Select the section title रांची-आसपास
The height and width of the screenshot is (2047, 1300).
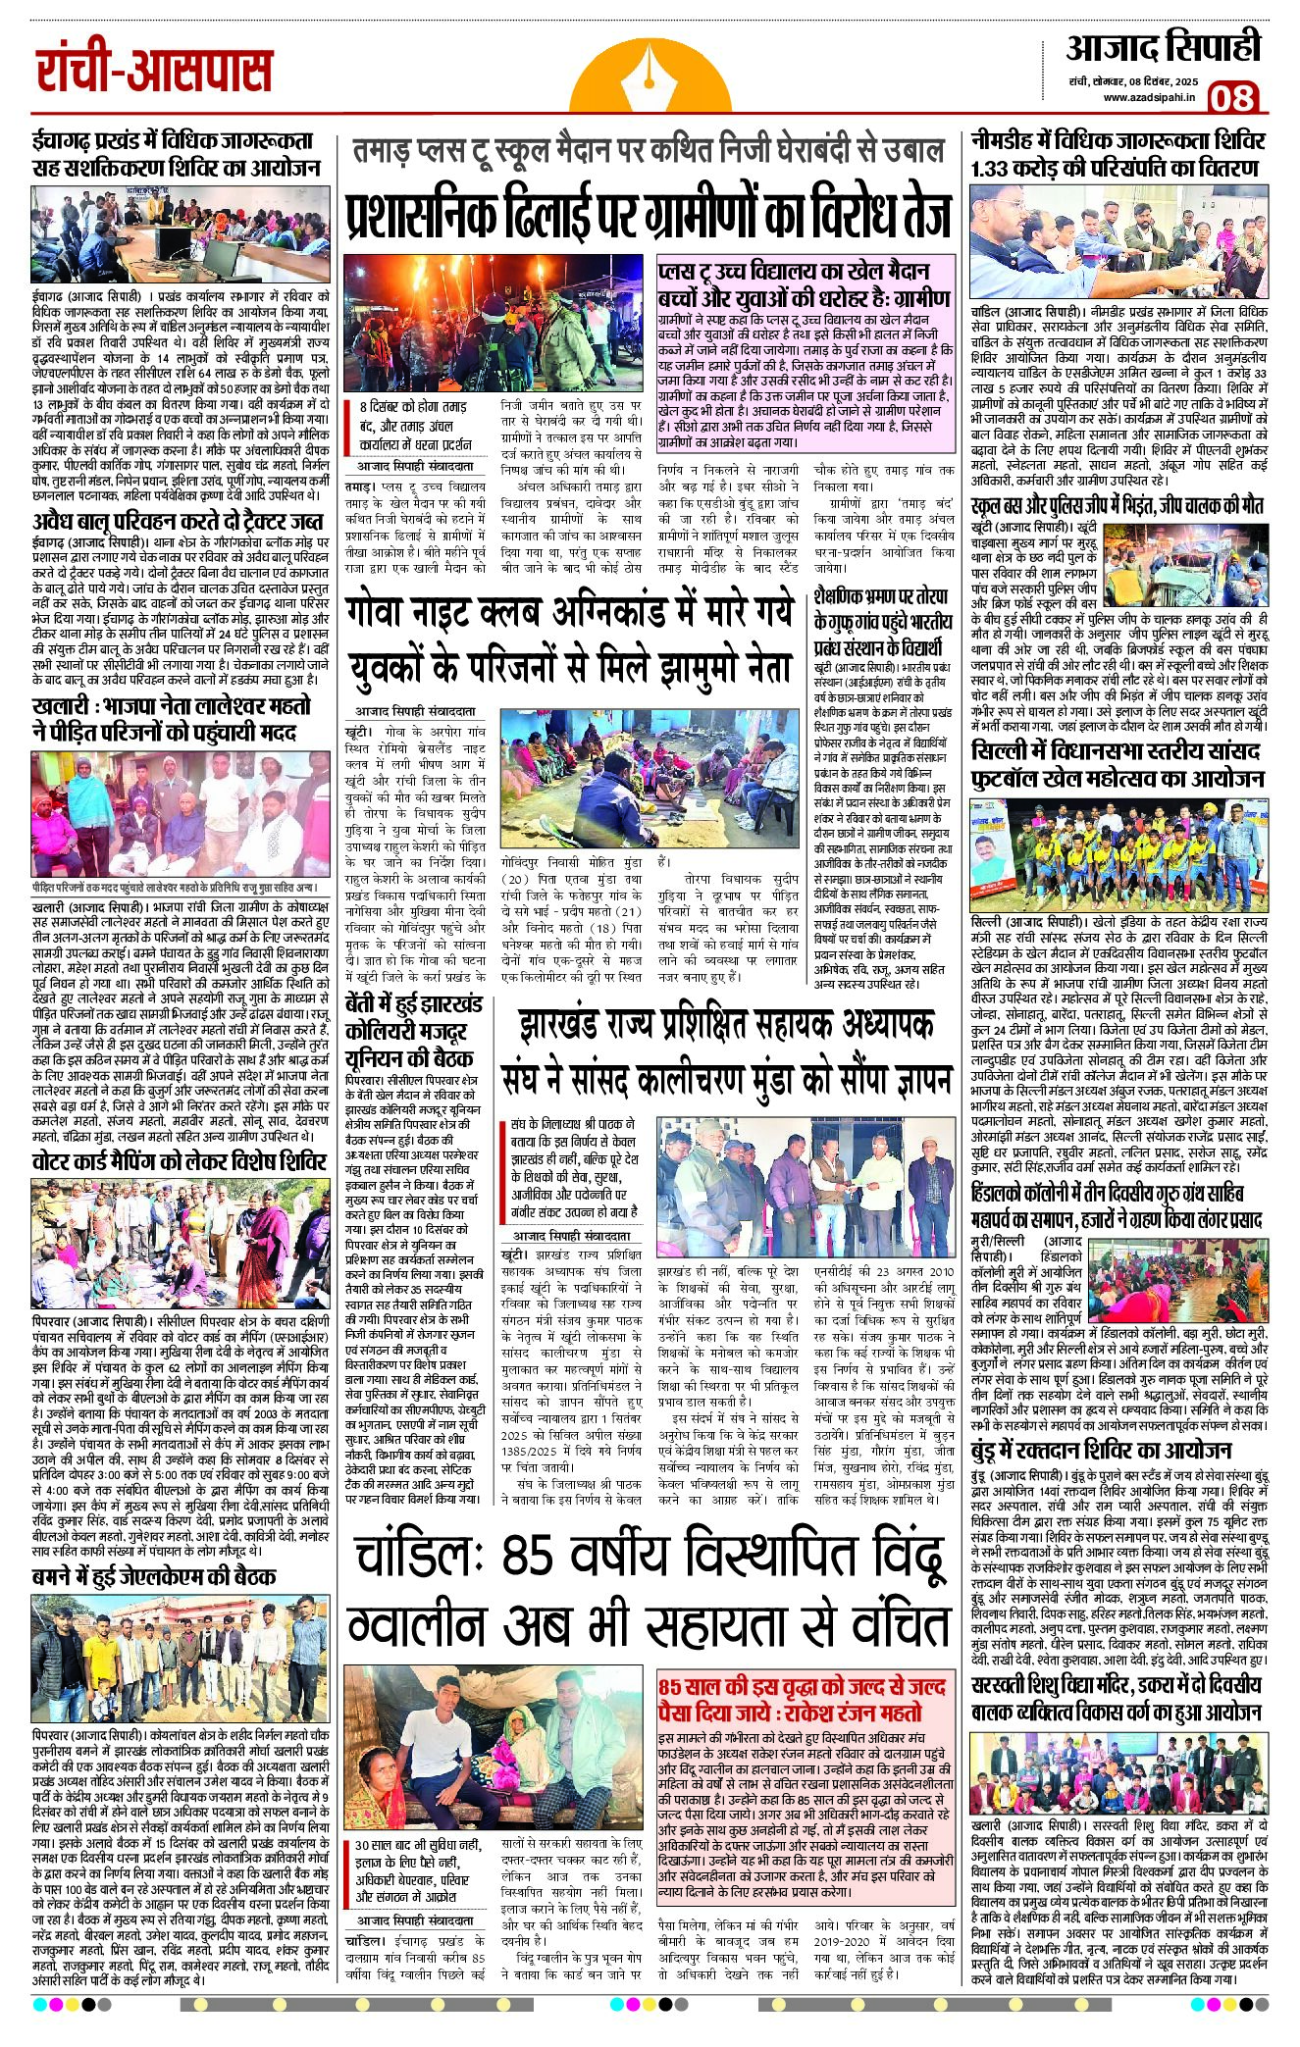(x=154, y=70)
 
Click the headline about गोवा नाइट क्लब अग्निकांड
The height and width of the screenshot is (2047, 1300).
(x=569, y=643)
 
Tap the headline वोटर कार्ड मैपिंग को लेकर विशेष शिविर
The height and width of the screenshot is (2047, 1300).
(x=178, y=1162)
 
